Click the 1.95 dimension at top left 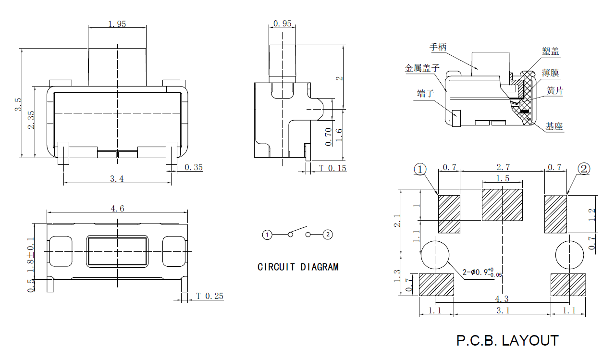(117, 24)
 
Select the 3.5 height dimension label (18, 104)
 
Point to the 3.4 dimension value (117, 179)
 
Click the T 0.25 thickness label (209, 297)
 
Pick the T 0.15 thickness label (332, 168)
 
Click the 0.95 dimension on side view (282, 24)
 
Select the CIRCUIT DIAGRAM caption (298, 267)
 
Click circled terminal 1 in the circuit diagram (267, 235)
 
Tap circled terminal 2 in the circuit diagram (328, 235)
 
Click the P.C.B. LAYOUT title (507, 341)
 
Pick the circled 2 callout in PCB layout (584, 169)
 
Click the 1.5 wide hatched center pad (502, 205)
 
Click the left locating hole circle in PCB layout (435, 254)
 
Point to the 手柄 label (438, 47)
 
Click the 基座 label (554, 126)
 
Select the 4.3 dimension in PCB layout (502, 299)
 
